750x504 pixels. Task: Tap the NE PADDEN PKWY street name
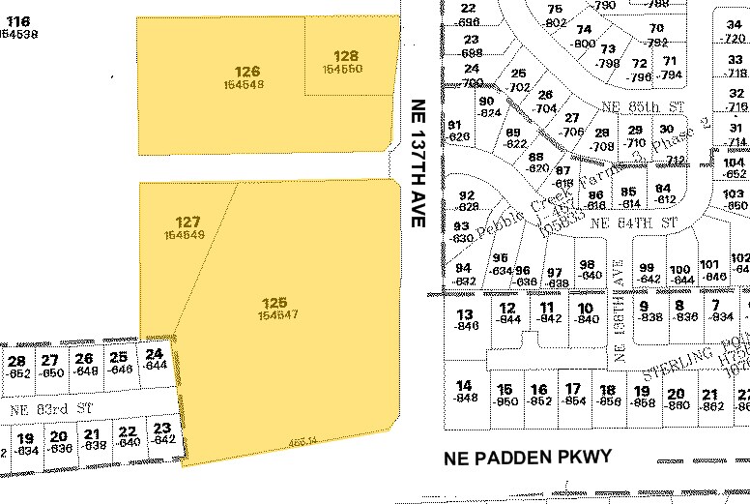(x=528, y=458)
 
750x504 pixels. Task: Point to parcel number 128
(x=346, y=56)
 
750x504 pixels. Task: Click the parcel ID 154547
(x=277, y=288)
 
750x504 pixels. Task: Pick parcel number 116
(x=17, y=20)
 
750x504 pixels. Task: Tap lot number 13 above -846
(x=467, y=313)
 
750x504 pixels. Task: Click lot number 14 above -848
(x=467, y=385)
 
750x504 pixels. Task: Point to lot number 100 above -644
(x=679, y=269)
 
